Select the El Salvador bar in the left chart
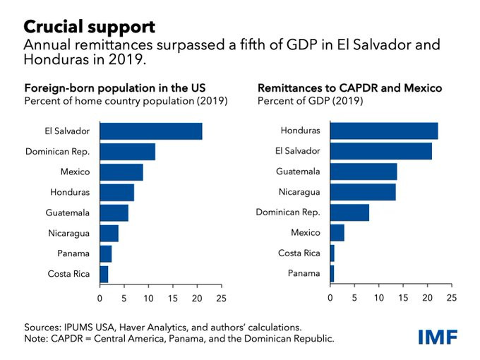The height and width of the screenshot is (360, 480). tap(151, 131)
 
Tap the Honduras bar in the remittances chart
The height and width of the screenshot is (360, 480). tap(384, 131)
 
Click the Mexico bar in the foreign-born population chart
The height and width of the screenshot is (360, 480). tap(121, 172)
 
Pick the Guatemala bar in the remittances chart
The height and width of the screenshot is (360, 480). tap(364, 172)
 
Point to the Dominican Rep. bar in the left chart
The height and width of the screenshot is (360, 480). tap(127, 152)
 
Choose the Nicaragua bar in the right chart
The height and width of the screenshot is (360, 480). tap(363, 192)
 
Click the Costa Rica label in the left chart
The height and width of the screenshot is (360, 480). tap(68, 274)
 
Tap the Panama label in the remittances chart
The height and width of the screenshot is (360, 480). tap(305, 274)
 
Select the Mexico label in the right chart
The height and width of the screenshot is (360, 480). tap(305, 233)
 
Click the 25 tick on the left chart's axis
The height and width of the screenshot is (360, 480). tap(222, 298)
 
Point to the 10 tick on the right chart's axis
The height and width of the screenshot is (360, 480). tap(379, 298)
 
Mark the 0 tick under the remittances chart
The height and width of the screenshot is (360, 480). tap(330, 298)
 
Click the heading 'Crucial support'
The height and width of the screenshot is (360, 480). tap(90, 27)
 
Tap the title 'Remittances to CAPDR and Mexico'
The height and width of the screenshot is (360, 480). tap(350, 88)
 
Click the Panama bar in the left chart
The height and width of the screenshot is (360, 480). tap(106, 253)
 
